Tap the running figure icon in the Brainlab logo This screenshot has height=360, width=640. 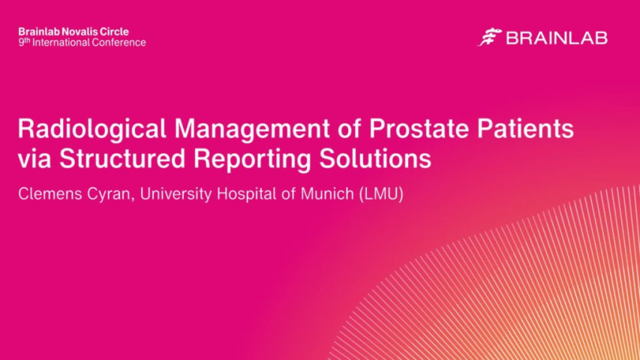489,37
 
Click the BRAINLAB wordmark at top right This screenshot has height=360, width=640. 556,37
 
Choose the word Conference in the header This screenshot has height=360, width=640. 119,43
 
